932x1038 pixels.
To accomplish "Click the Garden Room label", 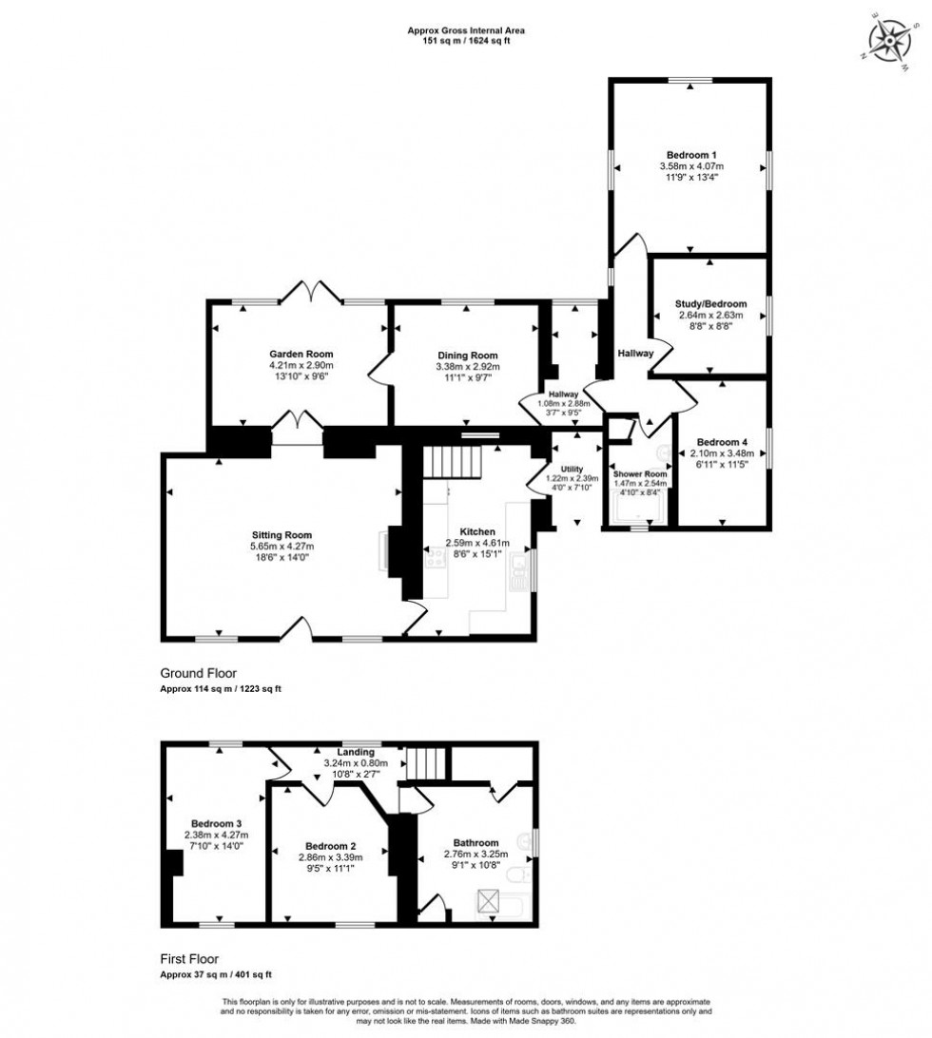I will coord(301,354).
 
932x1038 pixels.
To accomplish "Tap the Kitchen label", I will coord(477,531).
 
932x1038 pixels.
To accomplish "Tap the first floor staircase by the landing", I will coord(427,761).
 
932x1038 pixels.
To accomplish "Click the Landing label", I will coord(343,752).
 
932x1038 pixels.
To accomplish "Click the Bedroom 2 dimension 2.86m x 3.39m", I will coord(330,856).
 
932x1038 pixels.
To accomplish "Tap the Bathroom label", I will coord(476,842).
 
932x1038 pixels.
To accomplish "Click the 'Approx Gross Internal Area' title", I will coord(466,30).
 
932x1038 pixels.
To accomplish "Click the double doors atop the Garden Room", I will coord(312,291).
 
